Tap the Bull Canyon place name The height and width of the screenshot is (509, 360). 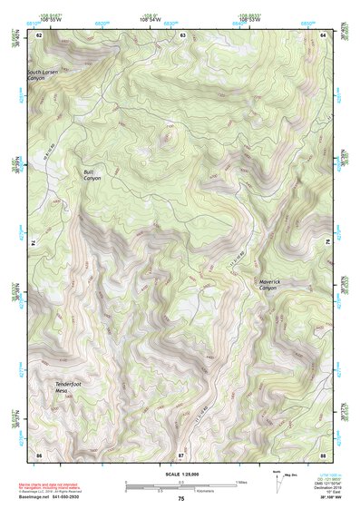92,175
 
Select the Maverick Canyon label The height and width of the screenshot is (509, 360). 274,284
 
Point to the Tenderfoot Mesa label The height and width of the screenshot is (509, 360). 70,387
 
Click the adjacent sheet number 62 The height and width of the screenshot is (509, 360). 39,34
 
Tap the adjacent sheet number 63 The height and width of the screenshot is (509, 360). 182,34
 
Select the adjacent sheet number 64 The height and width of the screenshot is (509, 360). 324,34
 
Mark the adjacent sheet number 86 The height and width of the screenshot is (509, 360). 39,453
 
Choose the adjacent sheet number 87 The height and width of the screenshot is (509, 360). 181,453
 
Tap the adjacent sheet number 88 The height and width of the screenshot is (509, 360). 323,453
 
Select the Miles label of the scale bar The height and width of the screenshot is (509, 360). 240,482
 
